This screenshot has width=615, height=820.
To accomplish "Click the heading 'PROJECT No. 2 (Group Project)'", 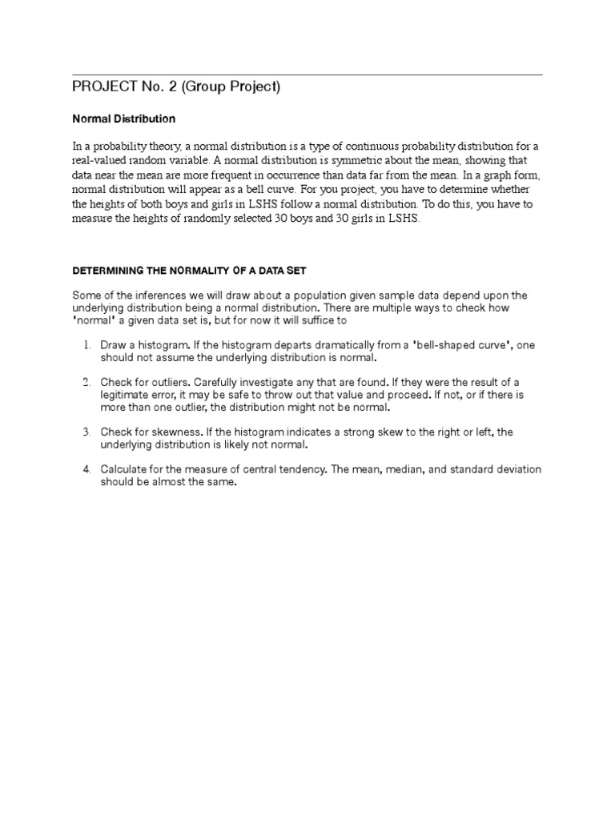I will [176, 87].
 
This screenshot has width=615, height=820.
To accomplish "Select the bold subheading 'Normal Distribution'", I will [123, 119].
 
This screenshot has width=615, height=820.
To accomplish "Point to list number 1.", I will [86, 345].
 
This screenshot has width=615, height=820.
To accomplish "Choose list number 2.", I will [86, 381].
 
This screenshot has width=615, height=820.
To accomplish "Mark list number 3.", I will [86, 432].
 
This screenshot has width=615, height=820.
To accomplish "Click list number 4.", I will [86, 468].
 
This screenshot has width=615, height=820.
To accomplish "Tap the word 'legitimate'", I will [126, 396].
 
